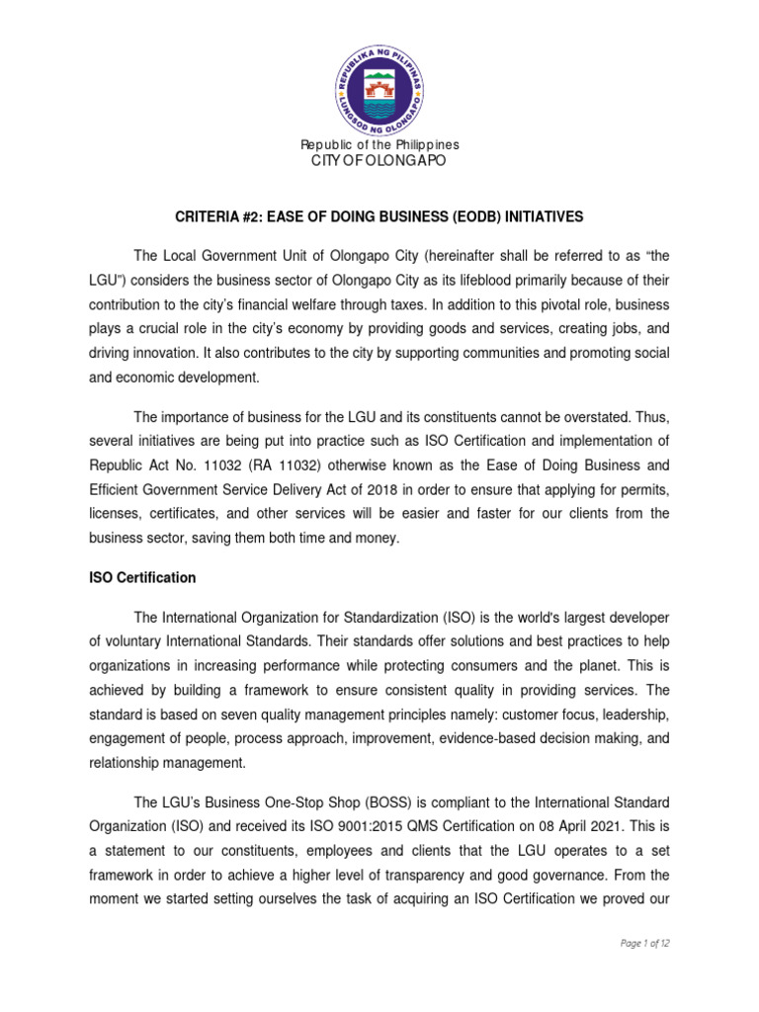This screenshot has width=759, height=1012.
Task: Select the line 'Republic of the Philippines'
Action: [x=379, y=145]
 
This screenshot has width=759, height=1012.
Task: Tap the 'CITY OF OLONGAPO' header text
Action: [x=379, y=161]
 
